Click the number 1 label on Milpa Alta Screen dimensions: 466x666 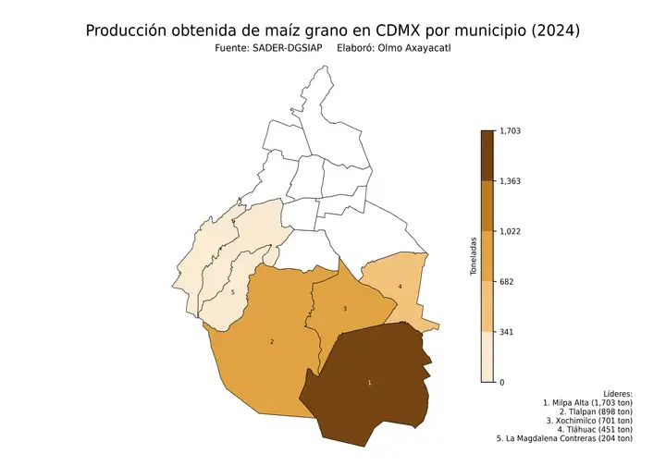370,382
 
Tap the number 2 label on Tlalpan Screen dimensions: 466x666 271,342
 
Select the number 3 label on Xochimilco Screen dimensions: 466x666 344,309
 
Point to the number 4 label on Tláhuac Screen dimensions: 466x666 400,287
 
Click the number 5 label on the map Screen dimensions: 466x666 233,293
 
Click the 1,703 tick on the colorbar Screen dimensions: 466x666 510,131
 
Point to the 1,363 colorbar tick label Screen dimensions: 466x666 510,181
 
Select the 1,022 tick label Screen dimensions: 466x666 510,231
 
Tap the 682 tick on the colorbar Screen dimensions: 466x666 506,282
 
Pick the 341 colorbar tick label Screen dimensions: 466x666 506,332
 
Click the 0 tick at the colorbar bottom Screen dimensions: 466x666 502,382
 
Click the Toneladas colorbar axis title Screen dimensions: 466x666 473,256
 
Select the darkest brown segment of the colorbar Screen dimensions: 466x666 487,155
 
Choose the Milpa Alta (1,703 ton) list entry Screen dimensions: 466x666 591,403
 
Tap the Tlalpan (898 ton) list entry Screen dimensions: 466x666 596,412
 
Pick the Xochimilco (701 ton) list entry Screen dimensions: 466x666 589,421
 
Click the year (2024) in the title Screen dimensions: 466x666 550,31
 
